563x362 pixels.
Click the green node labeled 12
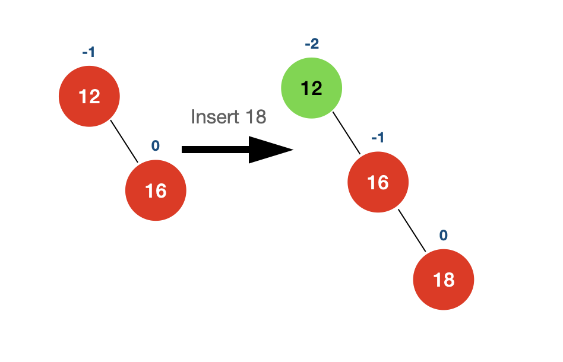click(x=311, y=88)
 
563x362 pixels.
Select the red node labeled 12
click(x=89, y=96)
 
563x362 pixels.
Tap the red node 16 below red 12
click(x=156, y=190)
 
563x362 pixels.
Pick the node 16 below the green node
click(x=378, y=182)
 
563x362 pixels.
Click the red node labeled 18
click(x=444, y=280)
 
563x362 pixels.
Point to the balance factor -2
click(x=312, y=44)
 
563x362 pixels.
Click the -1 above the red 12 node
click(x=88, y=52)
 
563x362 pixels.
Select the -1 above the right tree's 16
click(x=378, y=138)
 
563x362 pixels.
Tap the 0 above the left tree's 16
click(x=156, y=145)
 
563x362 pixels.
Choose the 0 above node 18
click(x=444, y=236)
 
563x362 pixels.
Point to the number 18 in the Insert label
click(x=256, y=116)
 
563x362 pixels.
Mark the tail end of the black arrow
click(x=182, y=150)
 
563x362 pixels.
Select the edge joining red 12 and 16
click(x=124, y=141)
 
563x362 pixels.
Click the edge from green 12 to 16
click(x=346, y=133)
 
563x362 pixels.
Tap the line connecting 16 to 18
click(x=412, y=231)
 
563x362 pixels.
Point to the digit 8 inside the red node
click(x=449, y=280)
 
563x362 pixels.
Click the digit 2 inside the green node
click(x=317, y=88)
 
